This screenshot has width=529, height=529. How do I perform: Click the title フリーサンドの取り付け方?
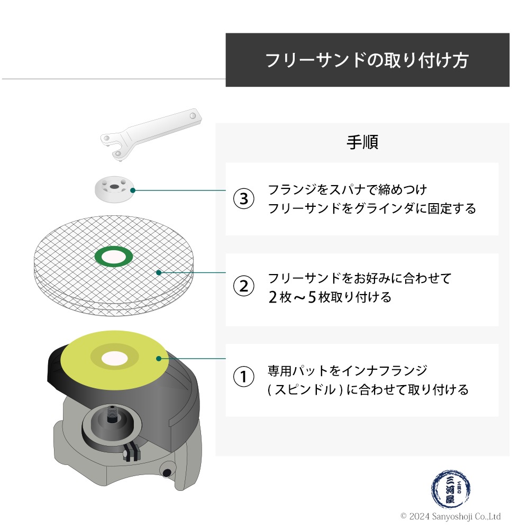[367, 60]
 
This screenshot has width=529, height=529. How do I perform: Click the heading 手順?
[362, 142]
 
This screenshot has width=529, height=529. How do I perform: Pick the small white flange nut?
[111, 189]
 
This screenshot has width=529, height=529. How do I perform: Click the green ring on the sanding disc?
[113, 256]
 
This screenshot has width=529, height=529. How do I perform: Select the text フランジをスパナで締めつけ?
[347, 189]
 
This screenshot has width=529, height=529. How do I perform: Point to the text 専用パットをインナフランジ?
[347, 370]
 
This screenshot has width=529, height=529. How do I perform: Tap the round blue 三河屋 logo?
[450, 489]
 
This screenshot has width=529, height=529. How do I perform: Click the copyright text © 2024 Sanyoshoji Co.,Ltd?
[450, 516]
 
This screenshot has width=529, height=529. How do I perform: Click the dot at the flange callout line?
[132, 190]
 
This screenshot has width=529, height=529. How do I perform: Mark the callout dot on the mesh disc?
[159, 273]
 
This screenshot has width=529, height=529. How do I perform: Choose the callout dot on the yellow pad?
[158, 359]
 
